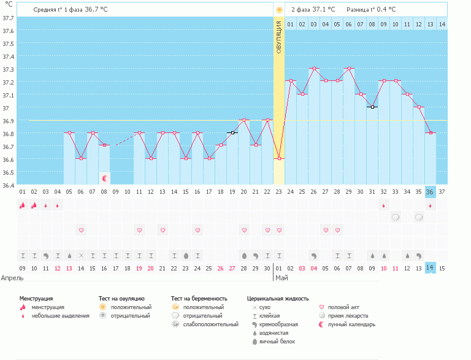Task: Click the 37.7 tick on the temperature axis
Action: [x=9, y=18]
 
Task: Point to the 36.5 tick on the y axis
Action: [x=9, y=172]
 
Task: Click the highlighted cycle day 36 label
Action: [x=430, y=192]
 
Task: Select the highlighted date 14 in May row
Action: [x=430, y=267]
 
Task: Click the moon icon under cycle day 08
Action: [x=104, y=178]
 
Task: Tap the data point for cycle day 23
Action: [x=279, y=159]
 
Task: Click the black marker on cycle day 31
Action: [x=372, y=107]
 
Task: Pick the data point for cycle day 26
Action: [x=314, y=69]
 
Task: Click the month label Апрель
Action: [x=12, y=278]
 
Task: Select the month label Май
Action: [x=281, y=278]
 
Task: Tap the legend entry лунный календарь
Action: [x=351, y=324]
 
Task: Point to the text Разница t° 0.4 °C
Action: [x=371, y=10]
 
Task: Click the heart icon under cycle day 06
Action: [x=81, y=230]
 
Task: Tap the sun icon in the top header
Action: [x=279, y=10]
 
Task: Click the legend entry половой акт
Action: [x=343, y=307]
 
